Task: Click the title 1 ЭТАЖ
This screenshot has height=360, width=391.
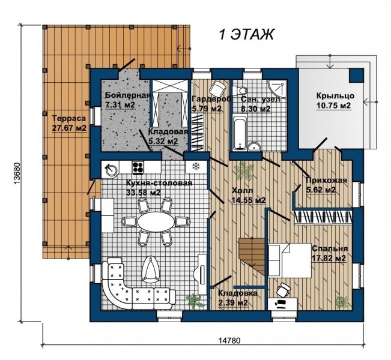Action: (246, 34)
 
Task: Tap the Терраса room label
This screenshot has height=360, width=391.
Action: (69, 118)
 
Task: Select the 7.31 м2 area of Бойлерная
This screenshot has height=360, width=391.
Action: (121, 105)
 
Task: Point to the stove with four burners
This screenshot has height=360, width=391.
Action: (138, 167)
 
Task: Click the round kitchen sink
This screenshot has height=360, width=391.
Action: (111, 170)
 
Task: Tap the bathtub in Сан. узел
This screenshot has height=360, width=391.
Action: (240, 133)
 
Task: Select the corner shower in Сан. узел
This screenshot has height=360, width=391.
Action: (276, 88)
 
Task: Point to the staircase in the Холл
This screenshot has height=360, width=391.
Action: (252, 256)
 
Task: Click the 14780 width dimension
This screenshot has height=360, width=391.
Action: (229, 340)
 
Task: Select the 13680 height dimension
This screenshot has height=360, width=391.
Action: (17, 173)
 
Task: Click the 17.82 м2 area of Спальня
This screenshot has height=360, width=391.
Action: (329, 258)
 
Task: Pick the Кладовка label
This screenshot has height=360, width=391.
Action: (237, 293)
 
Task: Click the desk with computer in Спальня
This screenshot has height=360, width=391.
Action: (282, 304)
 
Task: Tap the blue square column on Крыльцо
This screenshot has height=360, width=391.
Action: (356, 76)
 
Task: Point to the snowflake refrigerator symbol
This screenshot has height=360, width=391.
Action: (196, 166)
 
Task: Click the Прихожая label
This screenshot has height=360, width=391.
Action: (326, 180)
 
